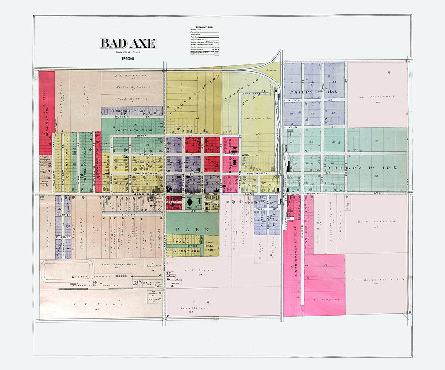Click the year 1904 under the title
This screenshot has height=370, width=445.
127,58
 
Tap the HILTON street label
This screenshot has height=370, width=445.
294,100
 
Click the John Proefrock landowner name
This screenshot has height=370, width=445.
371,97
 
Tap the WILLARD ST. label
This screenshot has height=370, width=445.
62,237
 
